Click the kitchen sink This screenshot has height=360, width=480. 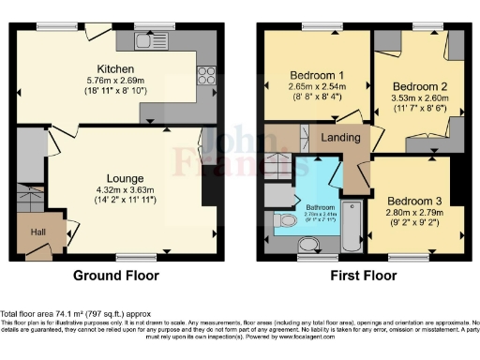[x=151, y=40]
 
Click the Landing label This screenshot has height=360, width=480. [x=337, y=138]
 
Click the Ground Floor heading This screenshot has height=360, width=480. [x=116, y=276]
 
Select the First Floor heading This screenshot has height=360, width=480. [x=361, y=276]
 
